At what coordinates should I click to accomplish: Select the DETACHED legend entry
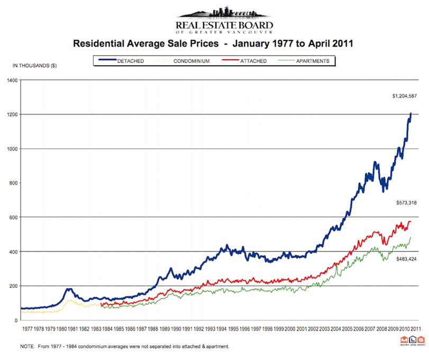(x=130, y=61)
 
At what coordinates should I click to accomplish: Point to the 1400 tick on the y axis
(x=12, y=80)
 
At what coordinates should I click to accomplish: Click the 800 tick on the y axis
(x=13, y=183)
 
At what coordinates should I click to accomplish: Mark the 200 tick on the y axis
(x=13, y=286)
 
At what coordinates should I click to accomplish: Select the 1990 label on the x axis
(x=176, y=329)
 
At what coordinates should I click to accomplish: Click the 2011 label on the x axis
(x=416, y=329)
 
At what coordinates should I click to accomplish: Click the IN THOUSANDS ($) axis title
(x=34, y=66)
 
